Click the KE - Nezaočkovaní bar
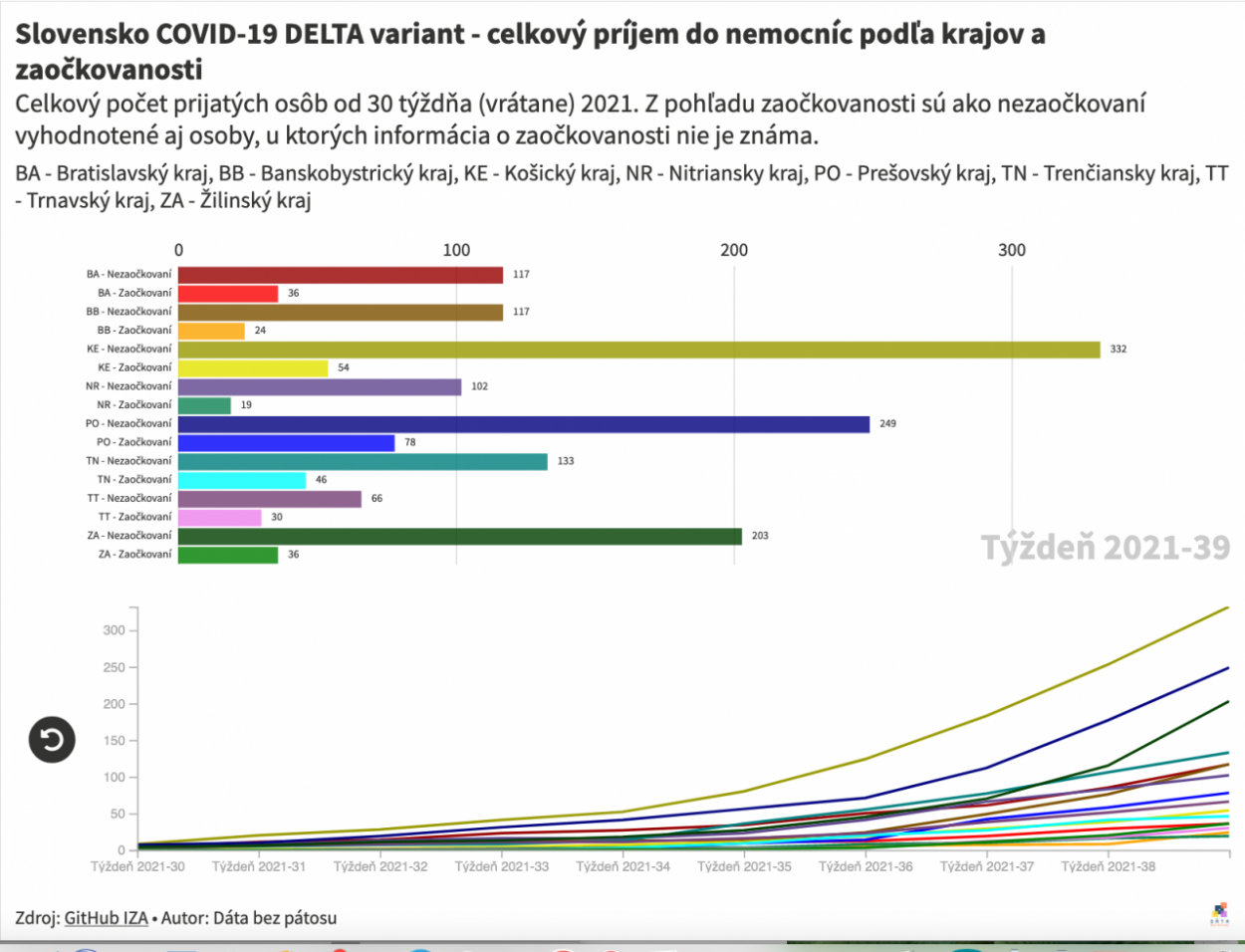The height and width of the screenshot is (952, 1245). (638, 350)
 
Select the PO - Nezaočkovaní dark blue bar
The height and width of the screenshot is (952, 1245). (523, 424)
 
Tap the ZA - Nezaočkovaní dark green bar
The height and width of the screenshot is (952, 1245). (459, 536)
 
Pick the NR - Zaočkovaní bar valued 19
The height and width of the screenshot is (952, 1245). (204, 405)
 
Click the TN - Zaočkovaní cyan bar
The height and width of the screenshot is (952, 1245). (242, 480)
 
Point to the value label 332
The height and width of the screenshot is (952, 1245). (1118, 350)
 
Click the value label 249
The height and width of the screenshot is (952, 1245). (887, 424)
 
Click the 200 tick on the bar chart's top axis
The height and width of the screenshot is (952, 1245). (734, 250)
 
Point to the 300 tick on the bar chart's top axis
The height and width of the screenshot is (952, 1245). (1011, 250)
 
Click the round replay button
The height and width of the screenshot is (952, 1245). (52, 739)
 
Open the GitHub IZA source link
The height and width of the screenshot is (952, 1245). (106, 918)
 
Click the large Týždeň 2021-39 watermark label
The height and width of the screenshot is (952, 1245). (1105, 548)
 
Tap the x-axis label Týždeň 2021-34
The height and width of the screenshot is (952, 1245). (622, 866)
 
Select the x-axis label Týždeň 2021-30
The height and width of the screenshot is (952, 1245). (137, 866)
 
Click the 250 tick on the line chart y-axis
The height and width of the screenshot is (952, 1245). (114, 667)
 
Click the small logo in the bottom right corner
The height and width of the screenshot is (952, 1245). (1219, 914)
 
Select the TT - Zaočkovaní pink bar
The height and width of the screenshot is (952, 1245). (219, 517)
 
